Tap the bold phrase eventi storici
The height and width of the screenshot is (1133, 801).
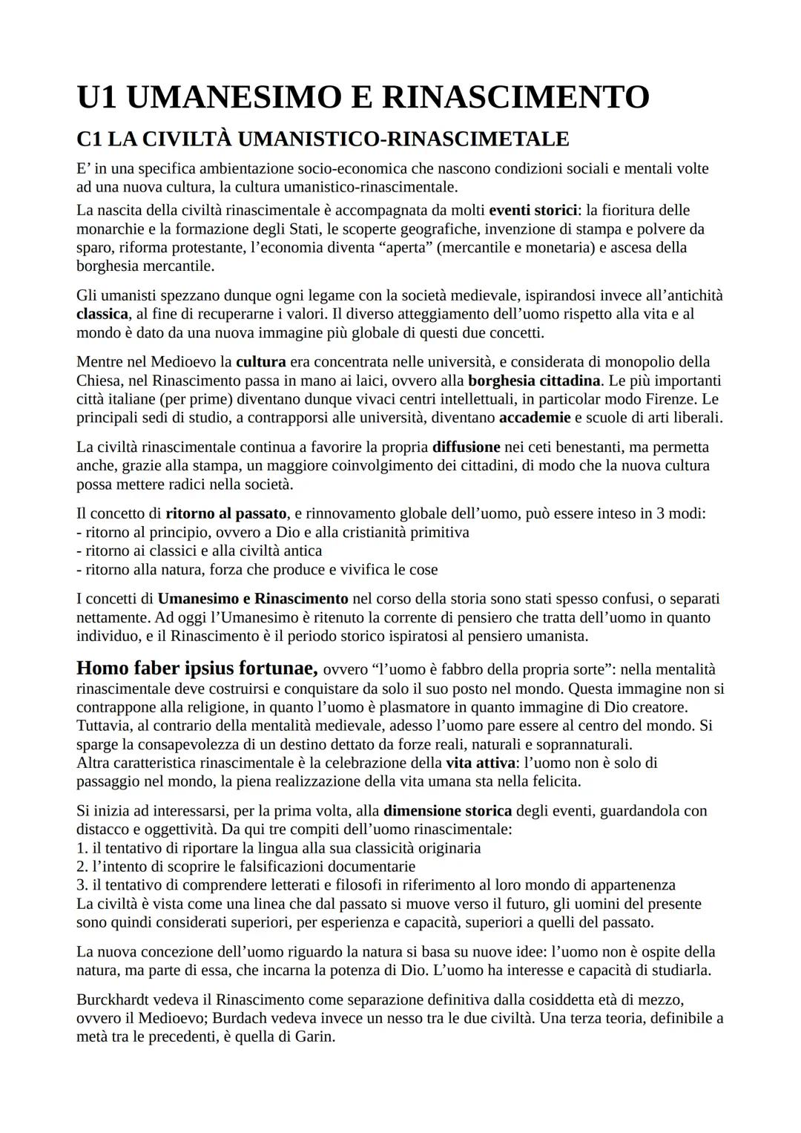click(533, 210)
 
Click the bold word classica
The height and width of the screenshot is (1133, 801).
click(102, 314)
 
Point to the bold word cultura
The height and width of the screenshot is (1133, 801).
click(260, 362)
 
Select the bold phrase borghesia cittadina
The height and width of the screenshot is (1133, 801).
click(534, 381)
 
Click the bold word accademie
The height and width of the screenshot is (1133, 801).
click(535, 418)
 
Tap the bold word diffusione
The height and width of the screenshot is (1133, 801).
click(466, 447)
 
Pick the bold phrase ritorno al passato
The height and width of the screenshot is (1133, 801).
click(225, 513)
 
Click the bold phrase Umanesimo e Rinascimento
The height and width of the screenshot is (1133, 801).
click(253, 599)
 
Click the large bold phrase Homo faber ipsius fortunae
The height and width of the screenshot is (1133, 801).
click(197, 668)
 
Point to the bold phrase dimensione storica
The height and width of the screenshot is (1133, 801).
click(447, 811)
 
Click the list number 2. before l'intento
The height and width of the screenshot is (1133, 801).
click(82, 867)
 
